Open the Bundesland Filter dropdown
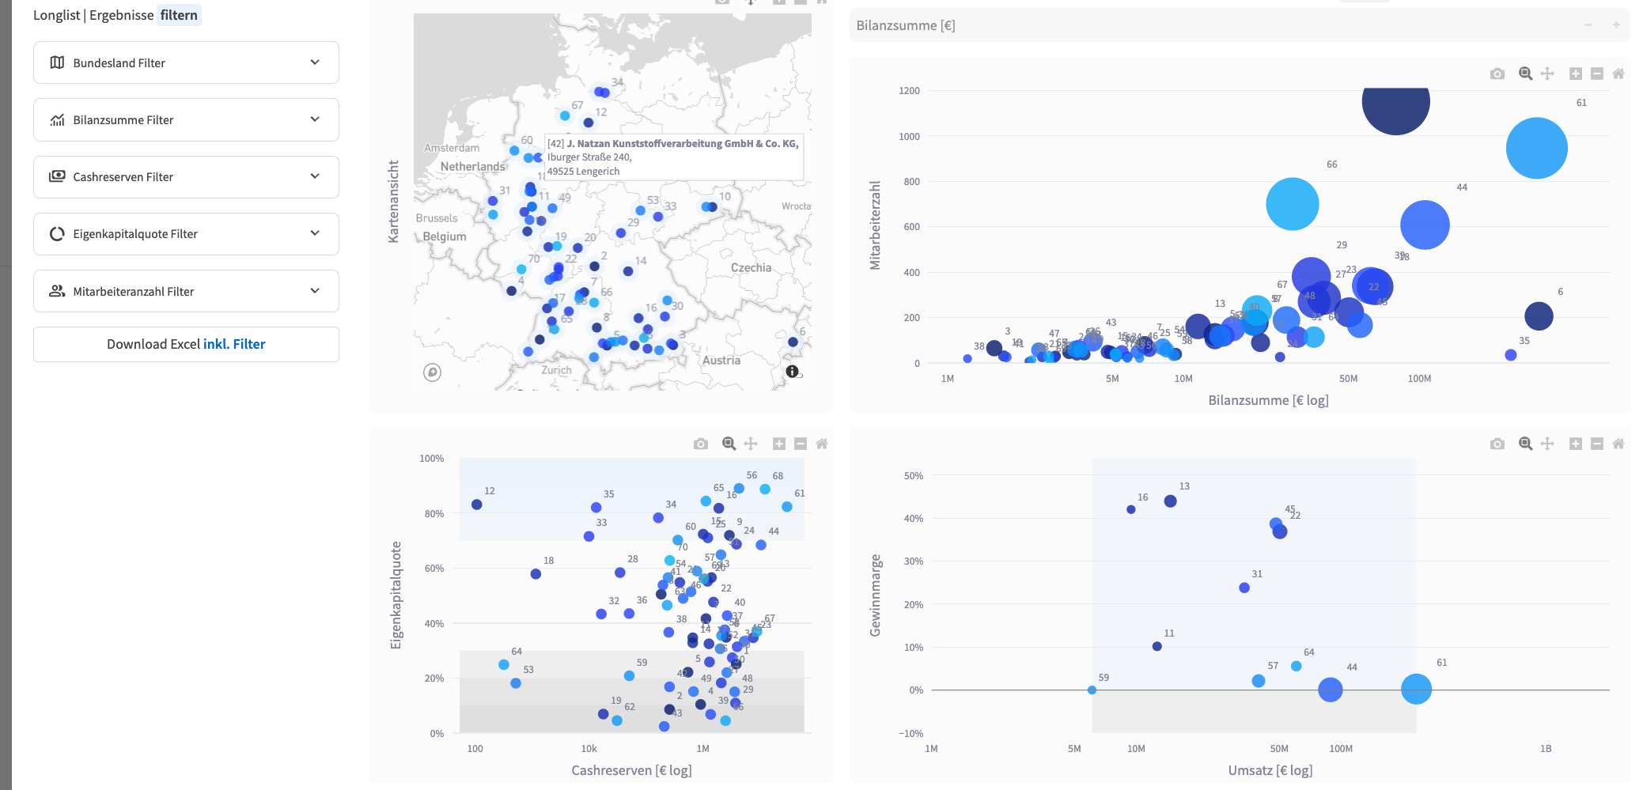(186, 62)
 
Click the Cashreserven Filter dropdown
(186, 176)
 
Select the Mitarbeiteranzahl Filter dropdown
(186, 291)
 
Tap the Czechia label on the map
(751, 268)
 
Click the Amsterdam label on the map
(452, 148)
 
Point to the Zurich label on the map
(556, 370)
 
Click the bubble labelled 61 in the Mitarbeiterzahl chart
(1536, 148)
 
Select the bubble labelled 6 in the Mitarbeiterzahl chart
(1539, 316)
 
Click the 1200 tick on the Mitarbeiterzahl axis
(909, 91)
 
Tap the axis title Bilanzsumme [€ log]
(1268, 400)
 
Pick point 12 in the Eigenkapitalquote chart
(477, 505)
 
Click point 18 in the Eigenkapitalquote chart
(536, 574)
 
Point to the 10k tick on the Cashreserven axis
(589, 749)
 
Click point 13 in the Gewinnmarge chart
(1170, 501)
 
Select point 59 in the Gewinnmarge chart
(1092, 690)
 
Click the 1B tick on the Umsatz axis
(1545, 749)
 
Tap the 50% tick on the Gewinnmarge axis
(913, 476)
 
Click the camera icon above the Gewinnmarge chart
(1497, 444)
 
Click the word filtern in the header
(179, 15)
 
